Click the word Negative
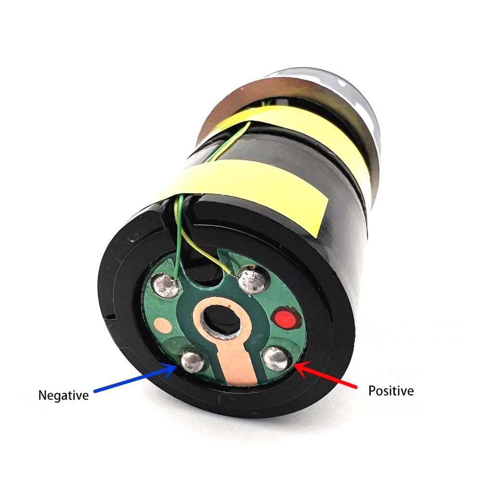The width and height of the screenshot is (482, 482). point(64,395)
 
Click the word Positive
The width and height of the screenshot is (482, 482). point(391,391)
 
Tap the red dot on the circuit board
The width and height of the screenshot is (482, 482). point(283,317)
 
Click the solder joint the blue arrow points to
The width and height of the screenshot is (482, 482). point(192,360)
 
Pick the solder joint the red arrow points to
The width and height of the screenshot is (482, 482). point(276,358)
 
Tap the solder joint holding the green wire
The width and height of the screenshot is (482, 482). point(167,286)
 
